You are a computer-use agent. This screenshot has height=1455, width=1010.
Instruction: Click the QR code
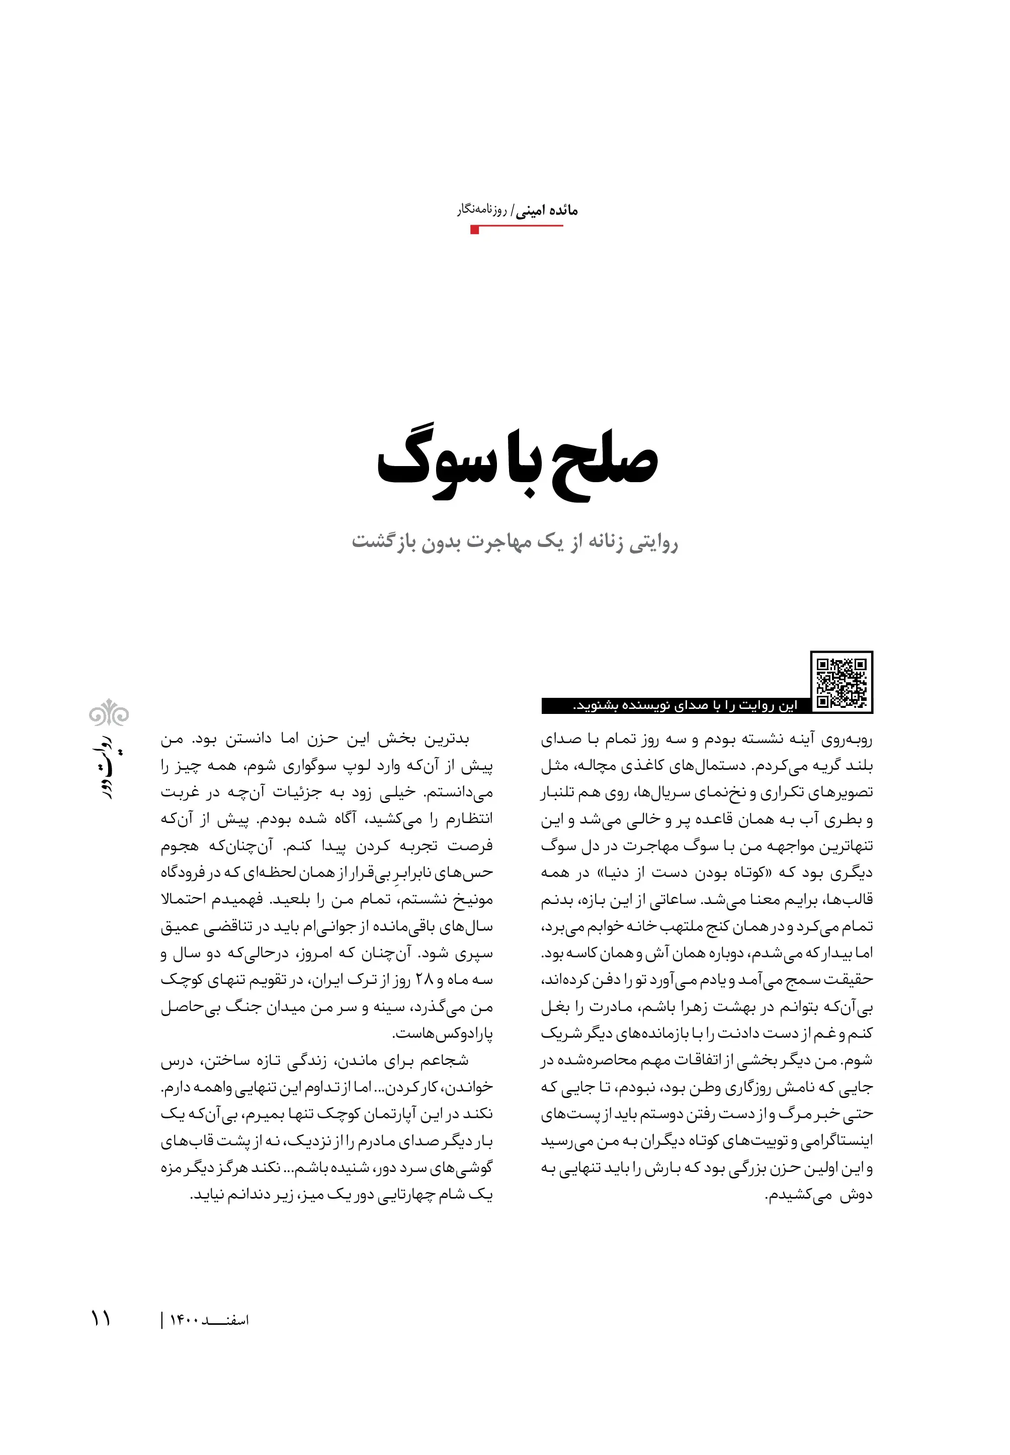point(841,682)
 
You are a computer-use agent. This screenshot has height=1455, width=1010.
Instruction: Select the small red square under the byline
point(475,230)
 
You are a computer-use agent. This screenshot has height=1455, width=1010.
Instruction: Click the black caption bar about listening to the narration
point(674,706)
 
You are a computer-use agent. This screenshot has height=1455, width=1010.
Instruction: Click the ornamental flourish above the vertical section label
point(109,713)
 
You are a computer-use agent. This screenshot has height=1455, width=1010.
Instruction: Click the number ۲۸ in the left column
point(424,980)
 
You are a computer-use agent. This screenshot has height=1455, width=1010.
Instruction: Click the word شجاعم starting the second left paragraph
point(449,1061)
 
